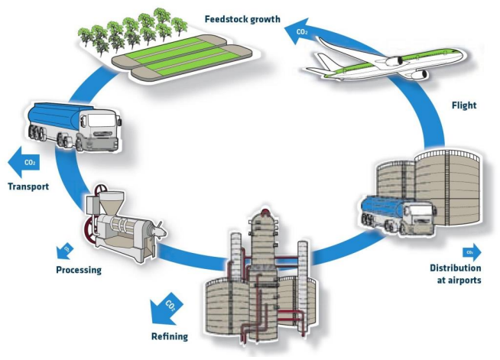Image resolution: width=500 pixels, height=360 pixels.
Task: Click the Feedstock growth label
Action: tap(242, 19)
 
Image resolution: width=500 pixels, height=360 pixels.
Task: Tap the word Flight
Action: tap(464, 105)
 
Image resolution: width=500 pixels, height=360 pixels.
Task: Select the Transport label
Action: tap(28, 186)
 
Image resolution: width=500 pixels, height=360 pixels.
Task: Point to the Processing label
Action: tap(79, 270)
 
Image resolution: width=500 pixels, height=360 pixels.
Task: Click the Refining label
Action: tap(170, 336)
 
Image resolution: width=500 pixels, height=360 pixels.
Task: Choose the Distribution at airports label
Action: tap(456, 274)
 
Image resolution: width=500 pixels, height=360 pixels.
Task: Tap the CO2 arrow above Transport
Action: tap(23, 162)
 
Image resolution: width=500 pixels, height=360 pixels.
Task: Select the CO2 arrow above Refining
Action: tap(166, 309)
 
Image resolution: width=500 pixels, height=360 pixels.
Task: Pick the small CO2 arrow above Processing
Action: tap(65, 251)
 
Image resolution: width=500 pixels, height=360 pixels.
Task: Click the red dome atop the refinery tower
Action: tap(265, 212)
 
